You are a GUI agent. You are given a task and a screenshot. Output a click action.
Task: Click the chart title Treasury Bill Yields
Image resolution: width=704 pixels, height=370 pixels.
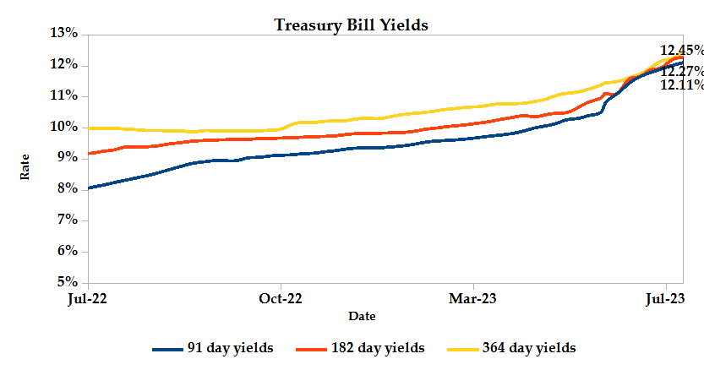point(352,24)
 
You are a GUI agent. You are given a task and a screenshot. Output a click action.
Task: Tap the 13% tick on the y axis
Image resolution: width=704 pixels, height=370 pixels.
point(64,34)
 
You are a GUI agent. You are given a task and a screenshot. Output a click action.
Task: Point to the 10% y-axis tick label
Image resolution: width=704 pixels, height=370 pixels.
point(64,127)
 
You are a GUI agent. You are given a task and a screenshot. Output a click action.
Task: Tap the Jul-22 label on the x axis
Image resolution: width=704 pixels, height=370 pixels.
point(88,298)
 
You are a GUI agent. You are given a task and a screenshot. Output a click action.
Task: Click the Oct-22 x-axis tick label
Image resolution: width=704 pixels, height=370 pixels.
point(281,298)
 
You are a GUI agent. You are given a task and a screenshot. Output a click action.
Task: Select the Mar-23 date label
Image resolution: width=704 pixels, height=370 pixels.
point(472,298)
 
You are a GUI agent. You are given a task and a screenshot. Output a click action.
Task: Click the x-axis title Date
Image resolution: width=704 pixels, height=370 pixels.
point(362,316)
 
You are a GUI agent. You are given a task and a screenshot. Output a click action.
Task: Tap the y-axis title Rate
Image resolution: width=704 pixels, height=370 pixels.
point(25,166)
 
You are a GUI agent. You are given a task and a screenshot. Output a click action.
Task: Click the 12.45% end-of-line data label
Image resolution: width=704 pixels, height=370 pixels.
point(681,50)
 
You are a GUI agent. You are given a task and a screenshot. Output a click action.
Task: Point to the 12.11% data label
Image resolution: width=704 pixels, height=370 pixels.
point(681,84)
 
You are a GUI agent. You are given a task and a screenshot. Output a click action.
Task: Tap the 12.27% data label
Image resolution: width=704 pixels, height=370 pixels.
point(681,71)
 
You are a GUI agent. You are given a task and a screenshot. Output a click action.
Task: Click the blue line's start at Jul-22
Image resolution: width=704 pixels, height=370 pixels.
point(89,188)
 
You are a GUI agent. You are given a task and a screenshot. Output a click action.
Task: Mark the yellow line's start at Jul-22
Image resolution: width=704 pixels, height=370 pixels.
point(89,128)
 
